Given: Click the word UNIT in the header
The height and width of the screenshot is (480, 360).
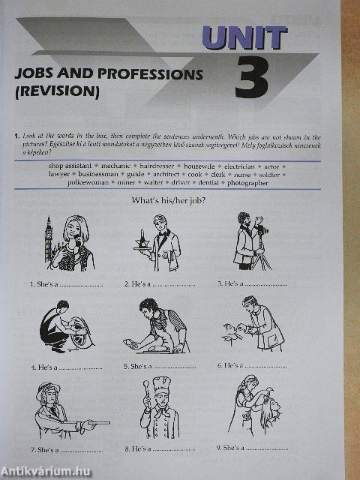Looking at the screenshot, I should [x=244, y=37].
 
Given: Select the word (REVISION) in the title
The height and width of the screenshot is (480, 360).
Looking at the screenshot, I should [x=57, y=92].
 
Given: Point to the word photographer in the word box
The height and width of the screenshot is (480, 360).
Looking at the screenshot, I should [x=247, y=182].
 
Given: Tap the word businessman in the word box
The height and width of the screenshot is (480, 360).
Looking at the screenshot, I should [x=97, y=173].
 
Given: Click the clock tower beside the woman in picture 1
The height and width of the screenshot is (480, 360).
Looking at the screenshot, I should [x=49, y=240].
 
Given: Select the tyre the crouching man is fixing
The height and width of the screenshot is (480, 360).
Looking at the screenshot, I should [x=79, y=331].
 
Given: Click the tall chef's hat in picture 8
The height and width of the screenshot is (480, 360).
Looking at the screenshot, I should [x=161, y=385].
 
